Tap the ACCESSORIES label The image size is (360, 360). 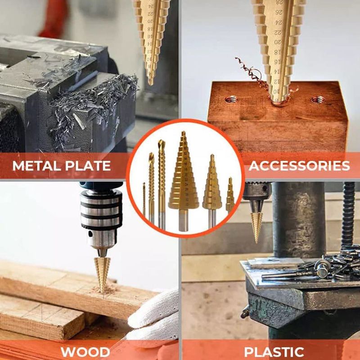(299, 166)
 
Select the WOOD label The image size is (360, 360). (85, 352)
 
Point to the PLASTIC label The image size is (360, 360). (274, 352)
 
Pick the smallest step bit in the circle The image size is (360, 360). (230, 197)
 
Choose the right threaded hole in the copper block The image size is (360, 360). (318, 99)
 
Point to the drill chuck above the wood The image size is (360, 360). (101, 214)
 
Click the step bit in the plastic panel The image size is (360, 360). (256, 223)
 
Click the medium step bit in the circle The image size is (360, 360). (212, 189)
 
